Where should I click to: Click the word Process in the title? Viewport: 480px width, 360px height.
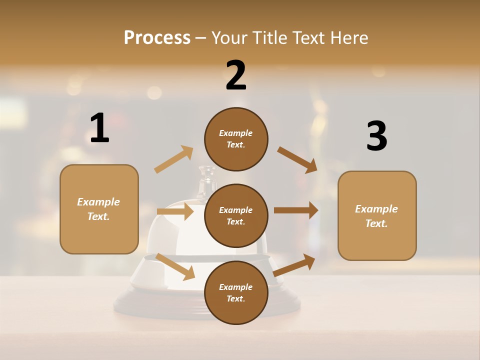157,37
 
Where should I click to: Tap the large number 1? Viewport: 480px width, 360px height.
99,128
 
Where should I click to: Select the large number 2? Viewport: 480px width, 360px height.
236,75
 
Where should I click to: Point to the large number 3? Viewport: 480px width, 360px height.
377,136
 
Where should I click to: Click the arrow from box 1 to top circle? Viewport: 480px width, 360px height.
174,159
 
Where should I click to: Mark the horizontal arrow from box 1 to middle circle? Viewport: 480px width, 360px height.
175,211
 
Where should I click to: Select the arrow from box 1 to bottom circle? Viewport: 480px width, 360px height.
175,266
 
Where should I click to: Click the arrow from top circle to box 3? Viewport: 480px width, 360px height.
297,159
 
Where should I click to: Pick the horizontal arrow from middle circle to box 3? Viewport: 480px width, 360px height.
295,210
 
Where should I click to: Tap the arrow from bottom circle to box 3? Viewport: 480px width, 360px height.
294,265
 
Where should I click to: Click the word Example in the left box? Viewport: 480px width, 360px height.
98,202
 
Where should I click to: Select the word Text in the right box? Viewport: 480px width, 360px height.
376,223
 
